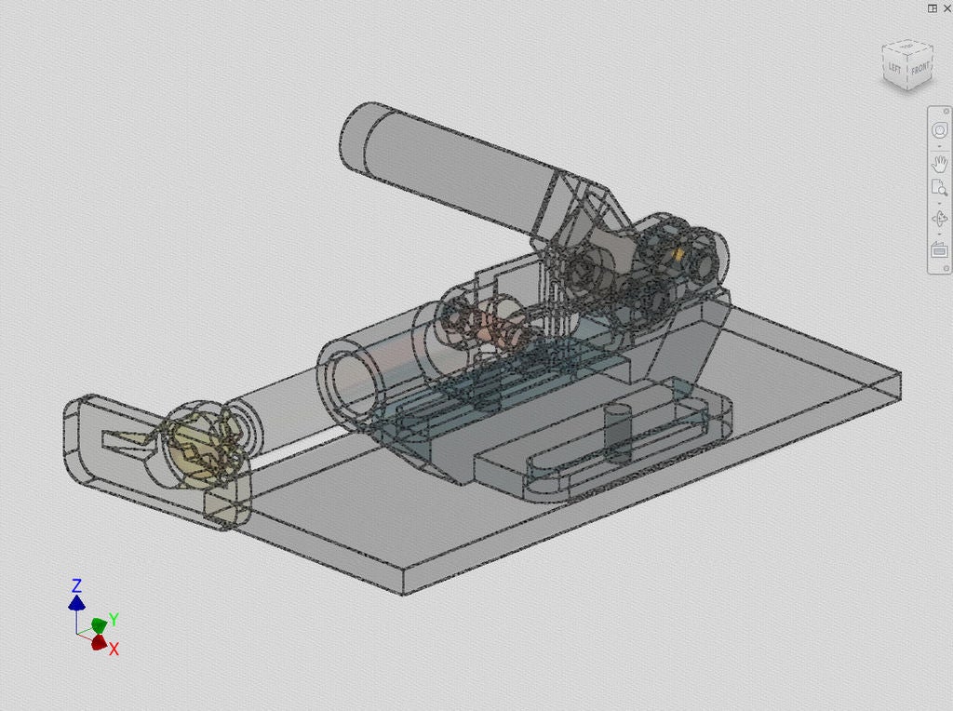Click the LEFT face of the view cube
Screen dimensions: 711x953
[x=894, y=68]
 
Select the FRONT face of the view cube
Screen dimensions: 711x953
[x=919, y=69]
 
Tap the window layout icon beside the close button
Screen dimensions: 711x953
[x=932, y=7]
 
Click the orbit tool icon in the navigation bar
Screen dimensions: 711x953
[x=939, y=220]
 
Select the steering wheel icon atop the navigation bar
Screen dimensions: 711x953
[x=939, y=131]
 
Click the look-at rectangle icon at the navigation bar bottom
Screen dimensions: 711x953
[x=939, y=250]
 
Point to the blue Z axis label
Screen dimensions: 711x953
[x=76, y=586]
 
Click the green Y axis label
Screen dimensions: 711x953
[x=114, y=619]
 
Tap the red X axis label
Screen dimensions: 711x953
[x=114, y=649]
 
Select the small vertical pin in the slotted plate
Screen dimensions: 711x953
[x=617, y=434]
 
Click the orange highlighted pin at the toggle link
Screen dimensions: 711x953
[x=678, y=253]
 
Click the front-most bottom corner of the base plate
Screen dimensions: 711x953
[x=402, y=593]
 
